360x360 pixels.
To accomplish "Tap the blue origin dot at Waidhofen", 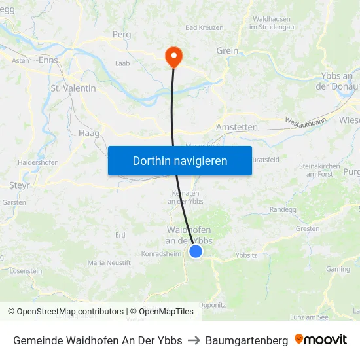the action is (195, 251).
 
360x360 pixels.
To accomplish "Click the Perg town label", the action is (122, 34).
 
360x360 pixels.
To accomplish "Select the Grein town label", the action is (227, 50).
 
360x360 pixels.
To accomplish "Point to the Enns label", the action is (48, 60).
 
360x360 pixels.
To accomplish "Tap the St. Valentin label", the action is (73, 88).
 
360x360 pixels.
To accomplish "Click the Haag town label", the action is (89, 133).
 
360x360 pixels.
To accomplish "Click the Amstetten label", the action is (237, 126).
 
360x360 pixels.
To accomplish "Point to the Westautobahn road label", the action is (306, 122).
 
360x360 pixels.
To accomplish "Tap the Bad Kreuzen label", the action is (204, 28).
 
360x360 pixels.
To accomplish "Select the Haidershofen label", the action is (38, 162).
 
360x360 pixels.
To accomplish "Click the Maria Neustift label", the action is (109, 262).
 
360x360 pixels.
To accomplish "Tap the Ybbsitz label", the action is (246, 255).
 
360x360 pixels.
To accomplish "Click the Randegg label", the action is (282, 209).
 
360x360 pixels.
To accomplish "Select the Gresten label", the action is (308, 228).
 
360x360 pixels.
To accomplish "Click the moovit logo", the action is (321, 340).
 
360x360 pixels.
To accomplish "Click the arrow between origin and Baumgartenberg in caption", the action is (194, 340).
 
